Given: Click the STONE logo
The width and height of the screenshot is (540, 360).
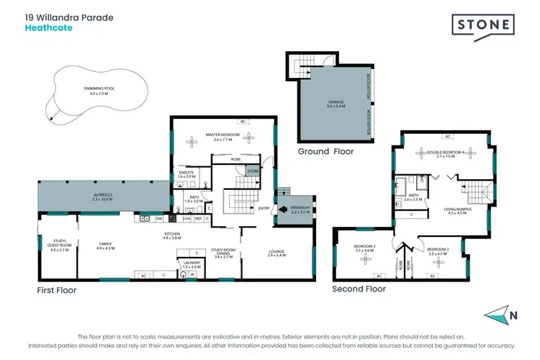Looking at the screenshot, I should (x=484, y=25).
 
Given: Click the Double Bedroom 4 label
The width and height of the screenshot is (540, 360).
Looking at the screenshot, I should (x=441, y=153).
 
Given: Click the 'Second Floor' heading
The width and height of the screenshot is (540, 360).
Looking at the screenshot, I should (x=359, y=289).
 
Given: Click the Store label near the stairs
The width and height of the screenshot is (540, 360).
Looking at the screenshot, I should (x=252, y=171).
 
